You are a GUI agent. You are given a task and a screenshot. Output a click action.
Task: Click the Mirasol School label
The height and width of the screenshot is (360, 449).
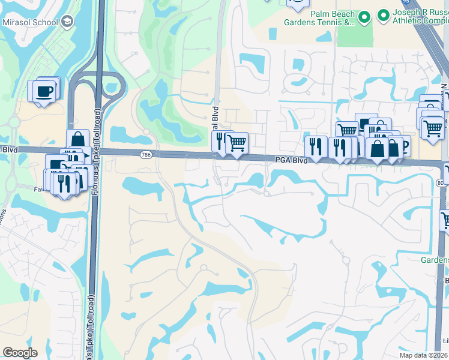[29, 23]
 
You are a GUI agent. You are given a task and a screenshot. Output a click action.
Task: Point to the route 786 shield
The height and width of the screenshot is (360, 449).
[146, 154]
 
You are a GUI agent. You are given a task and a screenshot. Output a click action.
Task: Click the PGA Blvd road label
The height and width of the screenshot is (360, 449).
[291, 160]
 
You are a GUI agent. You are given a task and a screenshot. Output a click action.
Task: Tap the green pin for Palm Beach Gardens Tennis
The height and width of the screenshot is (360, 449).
[363, 18]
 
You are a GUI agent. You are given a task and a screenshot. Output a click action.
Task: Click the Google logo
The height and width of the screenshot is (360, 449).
[19, 353]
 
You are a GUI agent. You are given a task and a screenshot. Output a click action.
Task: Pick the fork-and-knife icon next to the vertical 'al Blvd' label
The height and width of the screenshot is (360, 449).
[220, 142]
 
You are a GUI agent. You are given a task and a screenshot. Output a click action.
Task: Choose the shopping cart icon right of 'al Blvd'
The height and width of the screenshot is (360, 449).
[237, 143]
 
